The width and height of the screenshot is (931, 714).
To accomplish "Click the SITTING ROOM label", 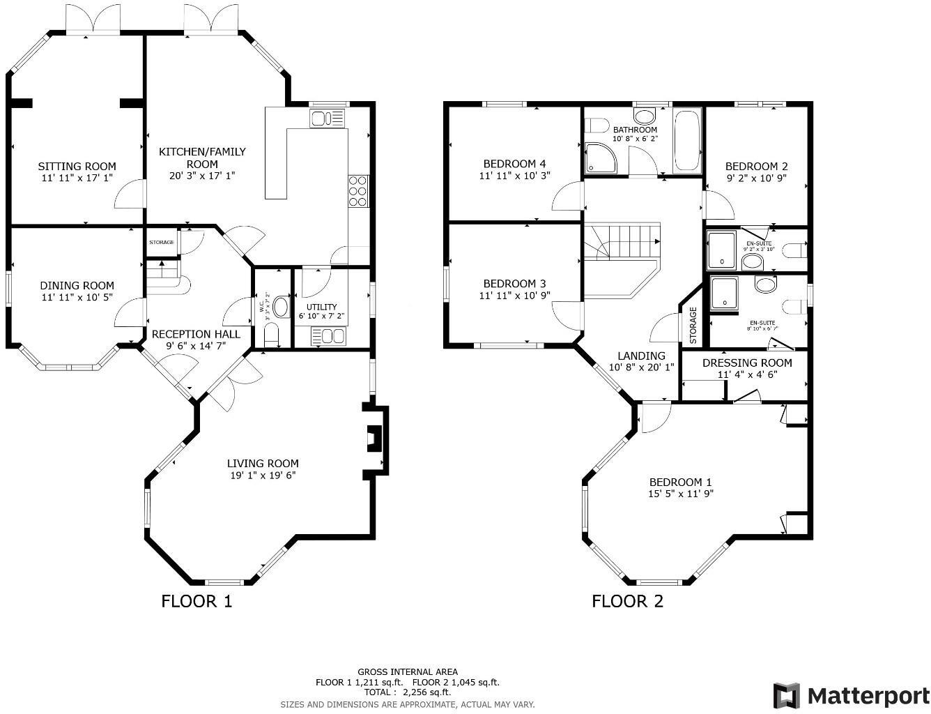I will tap(77, 166).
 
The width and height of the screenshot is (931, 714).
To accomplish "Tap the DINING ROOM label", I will tap(77, 285).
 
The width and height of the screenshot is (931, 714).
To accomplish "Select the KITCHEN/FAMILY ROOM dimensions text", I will tap(202, 176).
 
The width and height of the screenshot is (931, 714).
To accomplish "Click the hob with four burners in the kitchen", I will tap(357, 190).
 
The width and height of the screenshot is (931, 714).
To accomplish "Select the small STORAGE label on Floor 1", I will tap(162, 242).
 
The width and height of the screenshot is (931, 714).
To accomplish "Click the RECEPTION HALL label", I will tap(196, 334).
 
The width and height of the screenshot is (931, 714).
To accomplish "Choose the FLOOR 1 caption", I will tap(197, 601).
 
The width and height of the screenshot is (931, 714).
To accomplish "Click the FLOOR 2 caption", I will tap(627, 601).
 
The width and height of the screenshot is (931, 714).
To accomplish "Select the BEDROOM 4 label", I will tap(514, 164).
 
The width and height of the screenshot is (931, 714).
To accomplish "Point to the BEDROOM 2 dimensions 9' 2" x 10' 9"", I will tap(756, 178).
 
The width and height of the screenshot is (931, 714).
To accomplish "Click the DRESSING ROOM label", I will tap(747, 363).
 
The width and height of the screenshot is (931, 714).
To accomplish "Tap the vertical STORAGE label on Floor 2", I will tap(693, 325).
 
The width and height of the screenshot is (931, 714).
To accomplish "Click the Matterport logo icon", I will tap(787, 696).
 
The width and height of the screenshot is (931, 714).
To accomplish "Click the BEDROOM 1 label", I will tap(680, 482).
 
